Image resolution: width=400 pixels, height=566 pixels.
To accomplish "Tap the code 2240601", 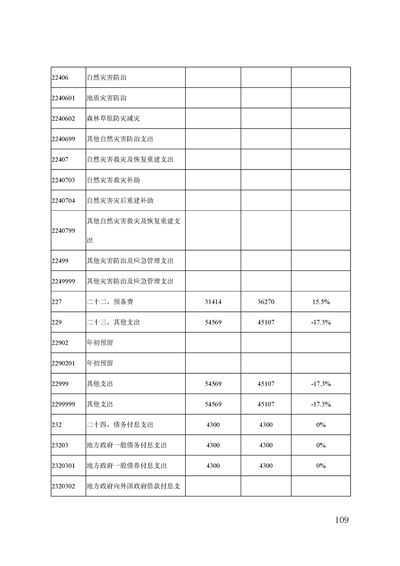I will pyautogui.click(x=63, y=98).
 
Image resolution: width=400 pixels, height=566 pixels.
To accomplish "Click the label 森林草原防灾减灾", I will pyautogui.click(x=113, y=119).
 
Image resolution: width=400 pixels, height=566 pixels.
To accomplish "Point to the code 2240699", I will pyautogui.click(x=63, y=139).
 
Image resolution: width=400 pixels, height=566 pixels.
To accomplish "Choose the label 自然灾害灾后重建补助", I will pyautogui.click(x=120, y=200).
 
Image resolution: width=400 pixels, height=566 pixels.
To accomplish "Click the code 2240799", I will pyautogui.click(x=63, y=231).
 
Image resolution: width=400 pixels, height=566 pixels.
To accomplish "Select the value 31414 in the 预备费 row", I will pyautogui.click(x=213, y=302).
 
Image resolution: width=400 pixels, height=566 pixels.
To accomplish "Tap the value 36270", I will pyautogui.click(x=266, y=302).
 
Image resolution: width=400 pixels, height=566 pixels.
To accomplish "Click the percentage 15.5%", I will pyautogui.click(x=321, y=302).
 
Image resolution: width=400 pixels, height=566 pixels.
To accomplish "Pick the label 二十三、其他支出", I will pyautogui.click(x=113, y=322).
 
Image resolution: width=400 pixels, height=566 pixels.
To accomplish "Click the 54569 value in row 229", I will pyautogui.click(x=213, y=322).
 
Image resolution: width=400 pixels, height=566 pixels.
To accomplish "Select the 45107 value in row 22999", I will pyautogui.click(x=266, y=384).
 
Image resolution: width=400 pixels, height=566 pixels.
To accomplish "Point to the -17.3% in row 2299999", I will pyautogui.click(x=321, y=404).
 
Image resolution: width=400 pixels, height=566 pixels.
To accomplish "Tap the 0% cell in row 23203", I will pyautogui.click(x=321, y=445).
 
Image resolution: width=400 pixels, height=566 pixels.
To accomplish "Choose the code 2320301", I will pyautogui.click(x=63, y=466).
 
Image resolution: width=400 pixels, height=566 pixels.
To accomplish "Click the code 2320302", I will pyautogui.click(x=63, y=486).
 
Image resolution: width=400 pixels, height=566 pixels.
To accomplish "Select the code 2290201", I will pyautogui.click(x=63, y=363).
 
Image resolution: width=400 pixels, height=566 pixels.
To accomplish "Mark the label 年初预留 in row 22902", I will pyautogui.click(x=99, y=343).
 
